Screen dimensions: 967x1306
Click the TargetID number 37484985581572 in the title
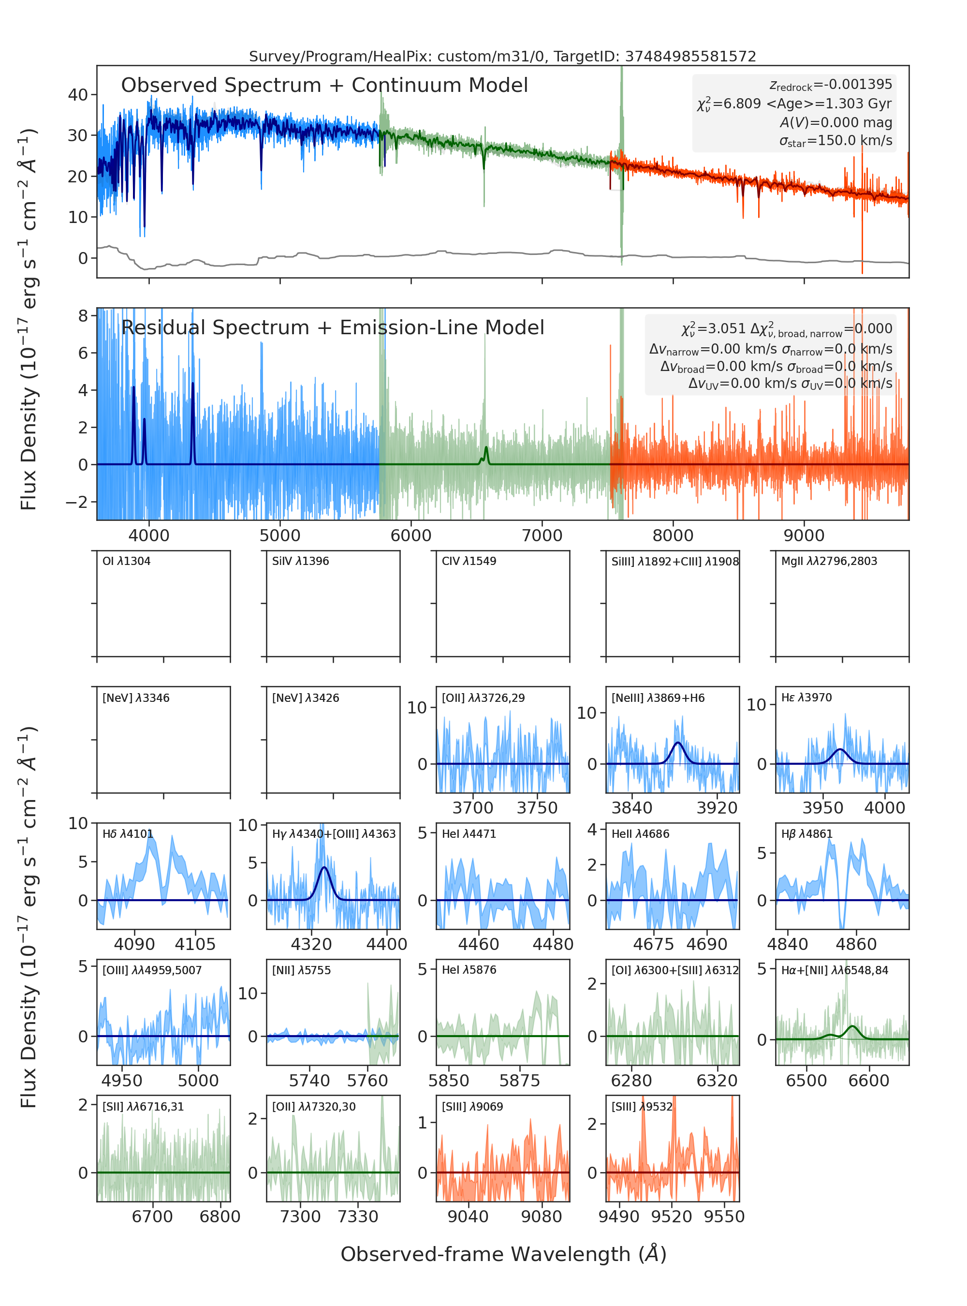point(691,56)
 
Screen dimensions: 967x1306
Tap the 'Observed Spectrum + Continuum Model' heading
point(324,86)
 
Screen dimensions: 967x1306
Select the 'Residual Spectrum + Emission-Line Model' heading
point(333,327)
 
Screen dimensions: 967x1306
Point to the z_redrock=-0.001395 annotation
point(831,85)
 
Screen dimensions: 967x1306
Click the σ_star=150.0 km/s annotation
point(836,141)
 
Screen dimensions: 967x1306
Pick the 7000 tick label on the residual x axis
point(542,535)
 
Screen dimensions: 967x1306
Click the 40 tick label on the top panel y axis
point(78,95)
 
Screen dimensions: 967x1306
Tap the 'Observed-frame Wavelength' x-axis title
point(503,1254)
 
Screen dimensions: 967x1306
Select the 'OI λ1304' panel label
point(127,561)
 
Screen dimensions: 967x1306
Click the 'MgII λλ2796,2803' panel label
point(829,561)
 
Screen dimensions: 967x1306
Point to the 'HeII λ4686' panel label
point(640,834)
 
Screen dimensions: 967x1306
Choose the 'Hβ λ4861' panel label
point(806,834)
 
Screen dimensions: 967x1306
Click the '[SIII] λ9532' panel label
point(642,1106)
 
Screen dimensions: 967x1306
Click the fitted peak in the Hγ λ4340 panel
point(324,867)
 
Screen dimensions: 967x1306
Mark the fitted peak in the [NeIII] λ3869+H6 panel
point(678,742)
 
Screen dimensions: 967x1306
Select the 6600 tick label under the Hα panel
point(869,1081)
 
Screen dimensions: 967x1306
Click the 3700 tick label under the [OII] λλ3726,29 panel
point(473,808)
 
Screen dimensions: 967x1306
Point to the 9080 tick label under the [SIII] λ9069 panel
point(542,1217)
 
